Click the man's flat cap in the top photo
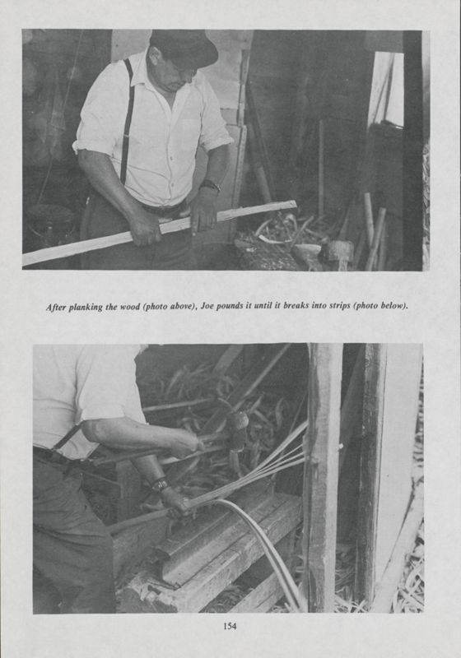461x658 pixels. [184, 47]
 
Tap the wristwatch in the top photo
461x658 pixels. [210, 186]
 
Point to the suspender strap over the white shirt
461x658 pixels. [127, 123]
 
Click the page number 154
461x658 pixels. [230, 626]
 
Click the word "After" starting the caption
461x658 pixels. [58, 307]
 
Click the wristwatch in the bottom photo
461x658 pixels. [160, 484]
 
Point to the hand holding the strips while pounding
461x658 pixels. [176, 500]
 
